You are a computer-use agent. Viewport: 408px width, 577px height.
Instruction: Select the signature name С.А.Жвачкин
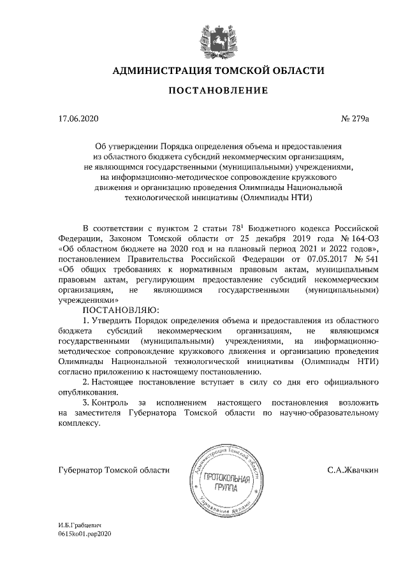click(x=353, y=471)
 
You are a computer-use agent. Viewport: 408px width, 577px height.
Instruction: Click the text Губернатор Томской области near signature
click(x=113, y=471)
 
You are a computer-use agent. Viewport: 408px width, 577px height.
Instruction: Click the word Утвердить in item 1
click(x=113, y=319)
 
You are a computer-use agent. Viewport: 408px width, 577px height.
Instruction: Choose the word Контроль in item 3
click(x=110, y=403)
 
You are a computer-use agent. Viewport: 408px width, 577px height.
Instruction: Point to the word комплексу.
click(x=79, y=424)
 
